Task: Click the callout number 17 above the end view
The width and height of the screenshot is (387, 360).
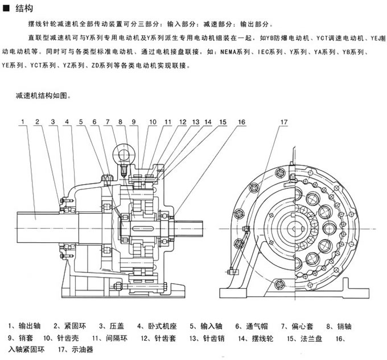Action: pyautogui.click(x=284, y=122)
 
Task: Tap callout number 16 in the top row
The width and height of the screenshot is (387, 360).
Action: pyautogui.click(x=241, y=122)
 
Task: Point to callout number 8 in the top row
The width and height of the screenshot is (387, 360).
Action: pyautogui.click(x=121, y=122)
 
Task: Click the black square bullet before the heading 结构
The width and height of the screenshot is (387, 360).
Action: pyautogui.click(x=6, y=8)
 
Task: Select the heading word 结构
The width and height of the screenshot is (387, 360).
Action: pyautogui.click(x=22, y=8)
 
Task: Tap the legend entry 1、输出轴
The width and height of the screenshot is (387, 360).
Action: pyautogui.click(x=23, y=326)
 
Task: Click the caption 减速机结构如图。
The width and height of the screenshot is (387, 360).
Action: pyautogui.click(x=43, y=96)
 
